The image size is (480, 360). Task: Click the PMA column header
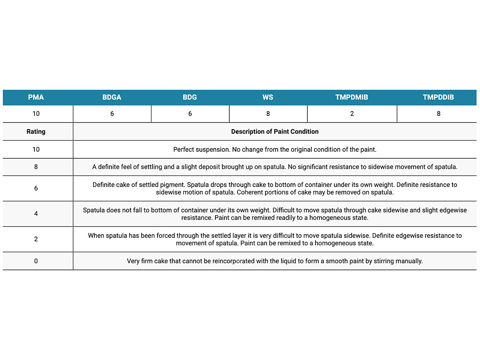click(36, 97)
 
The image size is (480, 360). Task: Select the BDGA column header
click(112, 97)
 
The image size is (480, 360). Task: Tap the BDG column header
click(190, 97)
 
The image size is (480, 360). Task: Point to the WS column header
click(268, 97)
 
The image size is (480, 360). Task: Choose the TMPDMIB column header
click(352, 97)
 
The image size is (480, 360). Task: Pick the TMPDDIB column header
click(438, 97)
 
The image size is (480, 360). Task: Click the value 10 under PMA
click(36, 114)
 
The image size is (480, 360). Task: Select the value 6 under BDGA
click(112, 114)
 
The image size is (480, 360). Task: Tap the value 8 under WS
click(268, 114)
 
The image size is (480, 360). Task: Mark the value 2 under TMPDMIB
click(352, 114)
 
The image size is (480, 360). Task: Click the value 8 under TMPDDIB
click(439, 114)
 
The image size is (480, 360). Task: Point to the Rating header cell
click(36, 132)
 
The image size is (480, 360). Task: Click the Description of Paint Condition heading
click(275, 132)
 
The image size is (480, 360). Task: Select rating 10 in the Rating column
click(36, 149)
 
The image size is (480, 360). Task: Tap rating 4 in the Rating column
click(36, 214)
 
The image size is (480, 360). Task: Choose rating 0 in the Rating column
click(36, 261)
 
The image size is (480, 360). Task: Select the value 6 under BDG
click(190, 114)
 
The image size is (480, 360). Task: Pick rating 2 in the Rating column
click(36, 239)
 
